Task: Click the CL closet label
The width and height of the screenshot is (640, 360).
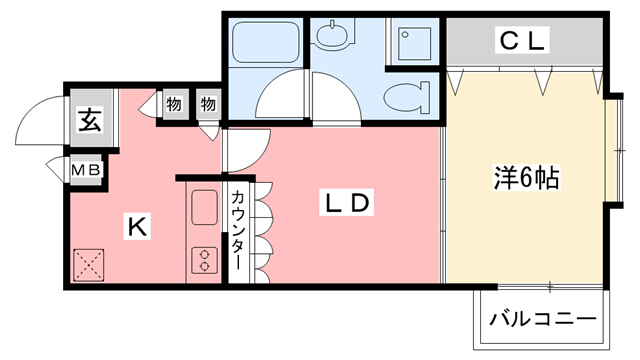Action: tap(522, 41)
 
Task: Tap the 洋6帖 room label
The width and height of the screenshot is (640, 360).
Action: tap(524, 179)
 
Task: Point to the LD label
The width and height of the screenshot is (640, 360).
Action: tap(346, 203)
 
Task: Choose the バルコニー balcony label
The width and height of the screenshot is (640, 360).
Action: tap(542, 321)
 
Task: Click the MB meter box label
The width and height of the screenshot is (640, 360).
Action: tap(85, 171)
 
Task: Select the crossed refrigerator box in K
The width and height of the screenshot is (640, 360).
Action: tap(88, 265)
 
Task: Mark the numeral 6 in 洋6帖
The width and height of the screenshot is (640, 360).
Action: tap(524, 179)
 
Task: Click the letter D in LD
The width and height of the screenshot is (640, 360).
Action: tap(361, 203)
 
